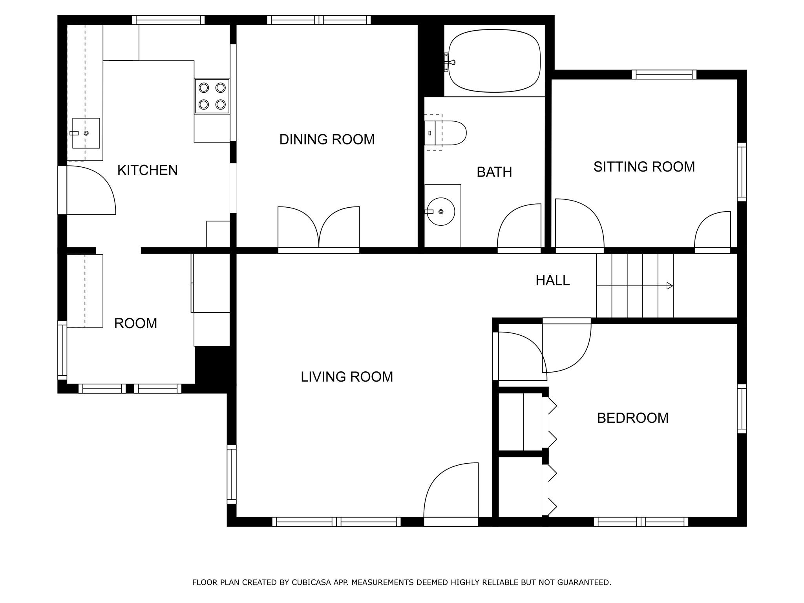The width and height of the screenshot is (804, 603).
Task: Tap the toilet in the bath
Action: (445, 133)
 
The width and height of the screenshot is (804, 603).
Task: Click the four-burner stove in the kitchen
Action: (212, 96)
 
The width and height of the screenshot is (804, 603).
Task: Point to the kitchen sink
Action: (86, 133)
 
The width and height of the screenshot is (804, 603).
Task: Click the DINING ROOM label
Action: (327, 139)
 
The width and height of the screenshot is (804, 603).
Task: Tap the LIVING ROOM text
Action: (347, 377)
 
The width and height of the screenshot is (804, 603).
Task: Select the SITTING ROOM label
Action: (644, 167)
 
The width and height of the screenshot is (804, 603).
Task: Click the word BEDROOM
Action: (633, 418)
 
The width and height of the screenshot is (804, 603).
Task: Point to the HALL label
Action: (553, 280)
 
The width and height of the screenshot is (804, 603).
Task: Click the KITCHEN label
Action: (148, 170)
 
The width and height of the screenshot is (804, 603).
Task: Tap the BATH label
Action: (494, 172)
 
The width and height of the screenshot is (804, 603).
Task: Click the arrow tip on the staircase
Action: (672, 286)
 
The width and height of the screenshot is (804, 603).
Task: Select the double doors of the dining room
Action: (319, 228)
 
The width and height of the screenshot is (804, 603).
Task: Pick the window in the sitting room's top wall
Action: (664, 75)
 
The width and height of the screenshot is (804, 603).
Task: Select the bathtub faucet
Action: (449, 62)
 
